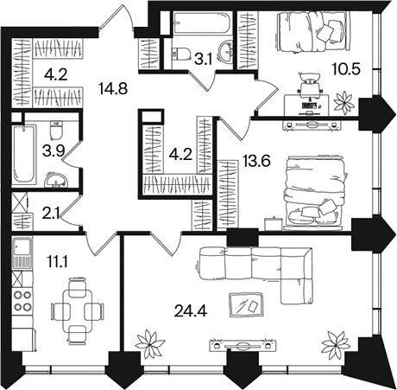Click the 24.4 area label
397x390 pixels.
click(x=191, y=310)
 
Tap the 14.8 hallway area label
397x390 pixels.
click(x=113, y=88)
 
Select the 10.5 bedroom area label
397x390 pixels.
click(x=345, y=69)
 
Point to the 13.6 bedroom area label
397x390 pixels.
click(x=256, y=161)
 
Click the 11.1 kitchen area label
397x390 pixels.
click(x=57, y=262)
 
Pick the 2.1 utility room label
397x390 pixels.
click(x=51, y=214)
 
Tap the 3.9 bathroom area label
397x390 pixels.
click(x=54, y=151)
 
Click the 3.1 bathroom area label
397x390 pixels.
click(x=203, y=60)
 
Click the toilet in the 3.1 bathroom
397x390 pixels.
click(x=181, y=54)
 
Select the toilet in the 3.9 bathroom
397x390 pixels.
click(x=56, y=130)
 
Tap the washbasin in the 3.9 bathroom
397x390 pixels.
click(x=56, y=180)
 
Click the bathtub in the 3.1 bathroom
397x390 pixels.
click(x=201, y=22)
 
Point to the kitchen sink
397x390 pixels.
click(x=22, y=253)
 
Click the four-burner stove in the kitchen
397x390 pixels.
click(x=22, y=301)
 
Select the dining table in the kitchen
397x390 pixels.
click(x=78, y=311)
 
